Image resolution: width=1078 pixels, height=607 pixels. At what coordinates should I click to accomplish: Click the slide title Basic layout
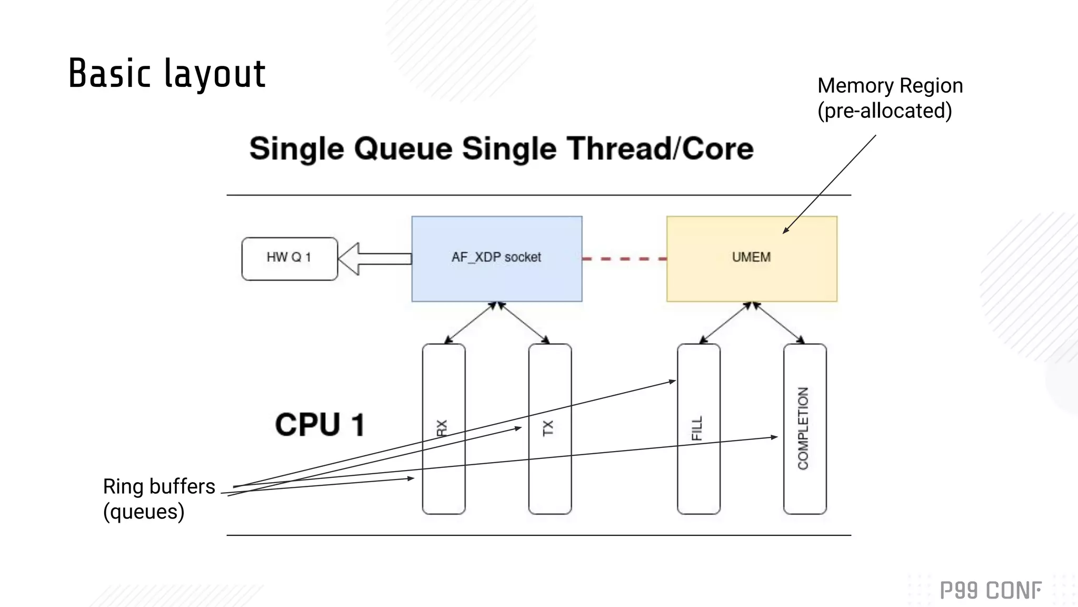167,73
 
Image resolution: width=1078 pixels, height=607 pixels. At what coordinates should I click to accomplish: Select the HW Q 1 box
289,258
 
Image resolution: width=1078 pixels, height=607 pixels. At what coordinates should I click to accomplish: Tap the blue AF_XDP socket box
496,258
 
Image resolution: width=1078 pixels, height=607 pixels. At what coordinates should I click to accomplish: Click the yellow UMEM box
751,258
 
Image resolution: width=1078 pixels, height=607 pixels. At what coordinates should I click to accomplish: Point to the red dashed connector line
624,259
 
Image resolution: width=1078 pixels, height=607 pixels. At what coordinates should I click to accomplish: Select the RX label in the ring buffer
442,428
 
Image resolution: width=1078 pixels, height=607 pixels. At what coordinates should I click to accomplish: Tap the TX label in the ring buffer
548,428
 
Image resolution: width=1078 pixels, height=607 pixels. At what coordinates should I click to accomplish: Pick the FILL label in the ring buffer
697,428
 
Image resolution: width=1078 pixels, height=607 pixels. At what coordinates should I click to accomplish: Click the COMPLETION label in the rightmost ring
803,428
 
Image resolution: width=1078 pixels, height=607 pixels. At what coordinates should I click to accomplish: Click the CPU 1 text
320,425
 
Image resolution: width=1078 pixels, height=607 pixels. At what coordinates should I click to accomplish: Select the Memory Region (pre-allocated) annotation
890,98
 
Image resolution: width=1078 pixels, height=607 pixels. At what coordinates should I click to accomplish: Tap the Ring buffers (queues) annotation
158,498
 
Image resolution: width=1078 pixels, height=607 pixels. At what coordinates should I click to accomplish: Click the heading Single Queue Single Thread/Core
501,149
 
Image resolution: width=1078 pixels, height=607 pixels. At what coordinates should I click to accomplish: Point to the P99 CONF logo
990,590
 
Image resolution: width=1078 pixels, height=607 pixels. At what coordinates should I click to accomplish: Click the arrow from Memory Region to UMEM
830,183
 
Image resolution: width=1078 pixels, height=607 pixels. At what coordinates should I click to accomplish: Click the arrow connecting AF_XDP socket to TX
524,322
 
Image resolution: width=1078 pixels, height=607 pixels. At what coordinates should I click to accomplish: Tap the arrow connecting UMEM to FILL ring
725,322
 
